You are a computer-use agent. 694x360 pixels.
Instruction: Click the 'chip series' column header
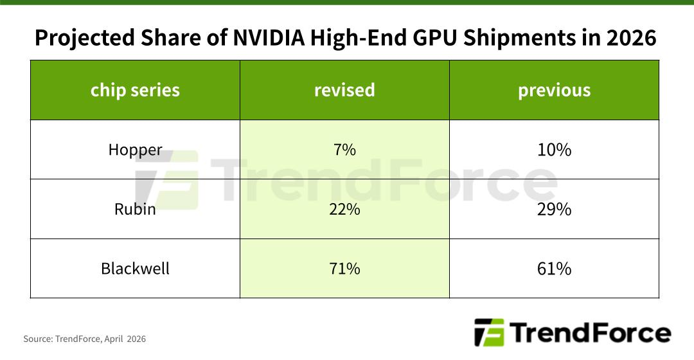coord(135,90)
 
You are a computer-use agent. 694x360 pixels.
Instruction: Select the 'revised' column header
coord(344,90)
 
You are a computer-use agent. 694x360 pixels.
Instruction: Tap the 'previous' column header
coord(554,90)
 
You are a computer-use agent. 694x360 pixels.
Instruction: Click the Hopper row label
coord(135,150)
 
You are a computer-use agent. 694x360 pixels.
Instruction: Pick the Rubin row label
coord(135,209)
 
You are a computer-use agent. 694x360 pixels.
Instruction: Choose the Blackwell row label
coord(135,268)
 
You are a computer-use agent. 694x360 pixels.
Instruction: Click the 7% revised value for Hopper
coord(344,150)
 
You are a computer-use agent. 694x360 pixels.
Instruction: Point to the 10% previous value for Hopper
coord(554,150)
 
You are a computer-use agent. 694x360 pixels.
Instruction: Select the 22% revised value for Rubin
coord(344,209)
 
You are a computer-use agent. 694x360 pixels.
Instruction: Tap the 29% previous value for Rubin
coord(554,209)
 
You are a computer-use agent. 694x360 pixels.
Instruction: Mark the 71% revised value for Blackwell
coord(344,268)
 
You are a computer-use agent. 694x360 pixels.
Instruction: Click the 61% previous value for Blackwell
coord(554,268)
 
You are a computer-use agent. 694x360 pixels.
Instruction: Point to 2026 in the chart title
coord(631,38)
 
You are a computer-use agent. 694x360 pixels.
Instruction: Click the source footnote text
coord(85,339)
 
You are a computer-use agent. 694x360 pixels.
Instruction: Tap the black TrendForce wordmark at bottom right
coord(590,333)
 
